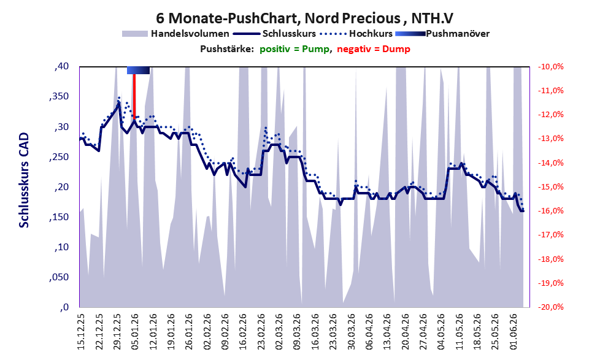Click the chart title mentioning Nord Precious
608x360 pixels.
pos(304,18)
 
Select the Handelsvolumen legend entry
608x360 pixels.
pos(175,34)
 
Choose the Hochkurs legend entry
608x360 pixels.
pos(356,34)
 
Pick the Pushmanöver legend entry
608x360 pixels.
pos(442,34)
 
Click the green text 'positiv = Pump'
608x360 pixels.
pos(295,49)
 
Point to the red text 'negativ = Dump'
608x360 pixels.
pos(374,49)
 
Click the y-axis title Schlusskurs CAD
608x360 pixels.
pos(24,180)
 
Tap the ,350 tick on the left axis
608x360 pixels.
pos(59,97)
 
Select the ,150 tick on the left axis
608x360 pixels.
pos(59,217)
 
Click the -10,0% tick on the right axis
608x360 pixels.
pos(550,67)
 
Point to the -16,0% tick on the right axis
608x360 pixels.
pos(550,211)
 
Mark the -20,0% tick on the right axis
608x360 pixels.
pos(550,307)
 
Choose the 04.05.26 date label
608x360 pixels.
pos(442,332)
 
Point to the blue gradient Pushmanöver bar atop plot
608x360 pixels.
pos(139,70)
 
